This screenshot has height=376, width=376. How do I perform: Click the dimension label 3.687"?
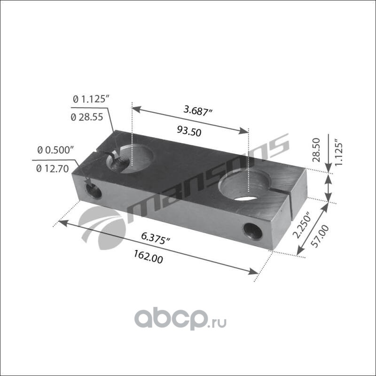tap(198, 110)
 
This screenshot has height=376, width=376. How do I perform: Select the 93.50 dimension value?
tap(189, 131)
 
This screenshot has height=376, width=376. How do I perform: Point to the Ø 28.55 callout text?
tap(87, 117)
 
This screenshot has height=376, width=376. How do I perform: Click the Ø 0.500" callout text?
tap(55, 150)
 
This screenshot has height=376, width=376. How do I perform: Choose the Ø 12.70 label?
tap(53, 169)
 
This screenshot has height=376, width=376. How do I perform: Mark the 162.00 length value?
tap(148, 257)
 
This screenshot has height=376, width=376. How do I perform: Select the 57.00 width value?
tap(320, 236)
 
